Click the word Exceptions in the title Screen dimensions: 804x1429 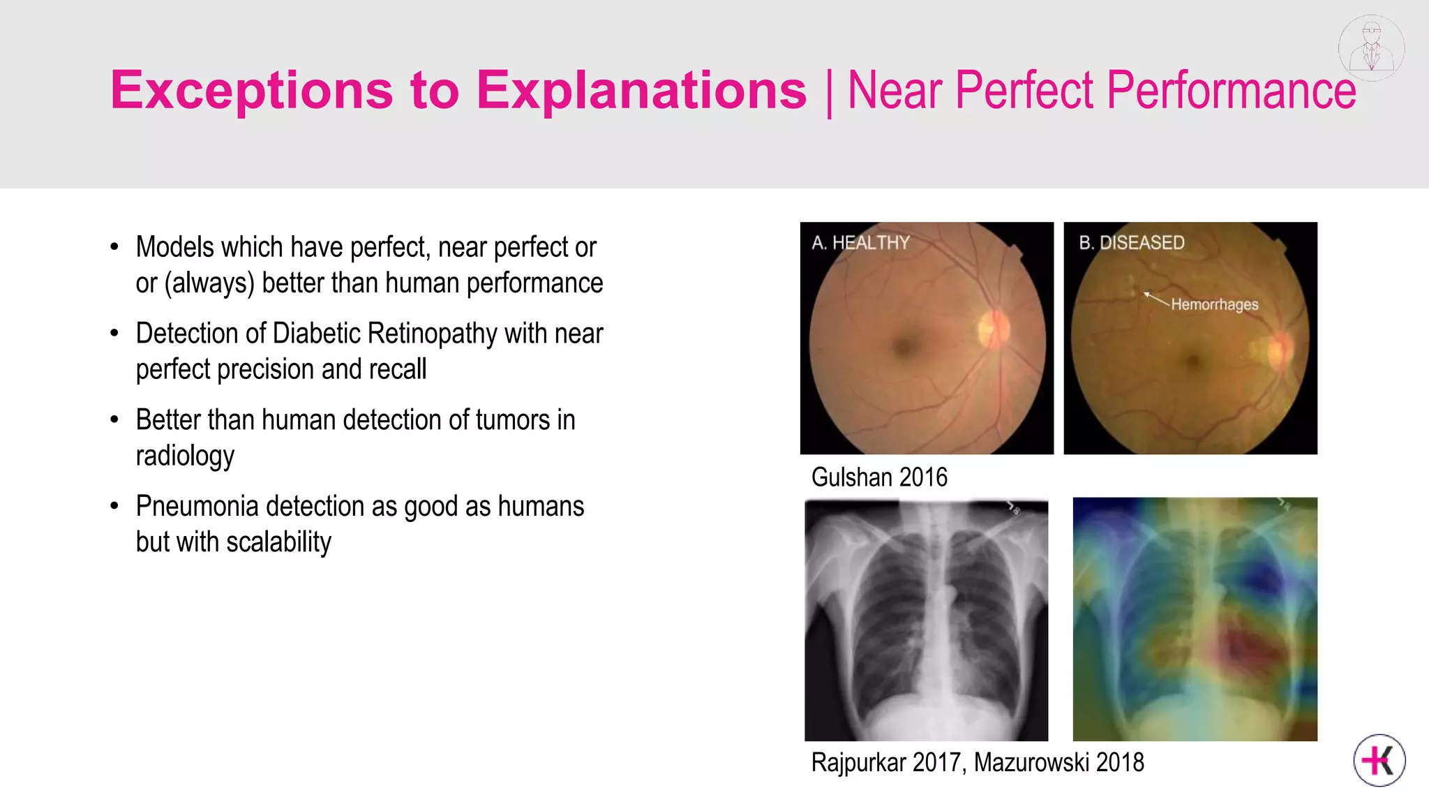point(252,91)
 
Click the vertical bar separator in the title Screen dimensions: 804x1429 point(828,92)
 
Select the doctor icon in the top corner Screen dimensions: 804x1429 point(1371,47)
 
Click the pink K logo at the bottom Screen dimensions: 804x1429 point(1379,760)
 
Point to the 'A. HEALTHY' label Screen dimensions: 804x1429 point(860,243)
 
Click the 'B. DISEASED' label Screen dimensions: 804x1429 point(1131,243)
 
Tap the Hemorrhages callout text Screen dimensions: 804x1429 point(1214,304)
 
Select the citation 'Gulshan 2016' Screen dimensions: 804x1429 point(879,477)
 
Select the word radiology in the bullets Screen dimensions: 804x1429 point(185,456)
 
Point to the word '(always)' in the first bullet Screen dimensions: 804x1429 point(209,283)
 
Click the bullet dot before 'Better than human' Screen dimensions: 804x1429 point(114,420)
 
